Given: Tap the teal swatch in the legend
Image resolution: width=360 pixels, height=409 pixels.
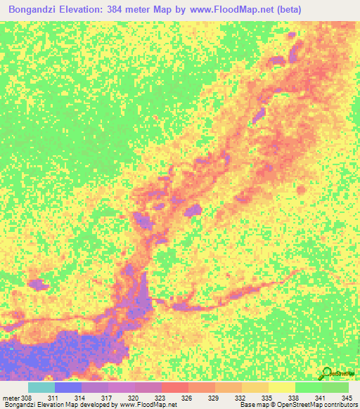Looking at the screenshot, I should pos(41,387).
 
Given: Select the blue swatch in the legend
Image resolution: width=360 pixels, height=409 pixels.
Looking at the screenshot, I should pos(67,387).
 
